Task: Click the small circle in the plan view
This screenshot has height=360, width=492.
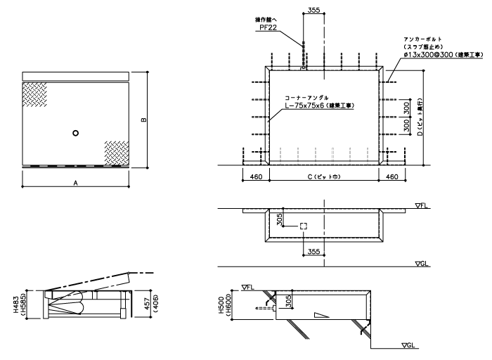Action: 76,133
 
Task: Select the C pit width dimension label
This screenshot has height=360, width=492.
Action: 323,177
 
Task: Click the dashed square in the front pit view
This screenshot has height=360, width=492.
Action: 303,226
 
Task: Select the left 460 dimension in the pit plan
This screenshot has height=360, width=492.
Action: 255,177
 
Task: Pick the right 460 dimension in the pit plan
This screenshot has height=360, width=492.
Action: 394,177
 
